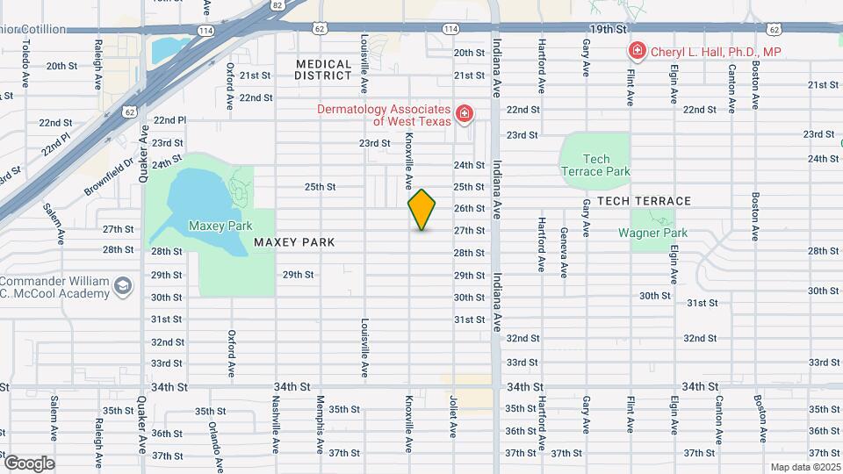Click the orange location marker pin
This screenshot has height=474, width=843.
coord(422,209)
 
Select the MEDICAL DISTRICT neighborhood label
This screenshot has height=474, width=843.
coord(323,69)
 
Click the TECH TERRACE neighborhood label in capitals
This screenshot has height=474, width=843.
coord(645,201)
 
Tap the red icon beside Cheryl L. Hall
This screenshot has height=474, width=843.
coord(637,52)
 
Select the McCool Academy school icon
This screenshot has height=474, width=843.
coord(124,286)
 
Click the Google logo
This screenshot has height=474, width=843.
coord(29,463)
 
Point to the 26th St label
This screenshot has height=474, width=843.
coord(469,208)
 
